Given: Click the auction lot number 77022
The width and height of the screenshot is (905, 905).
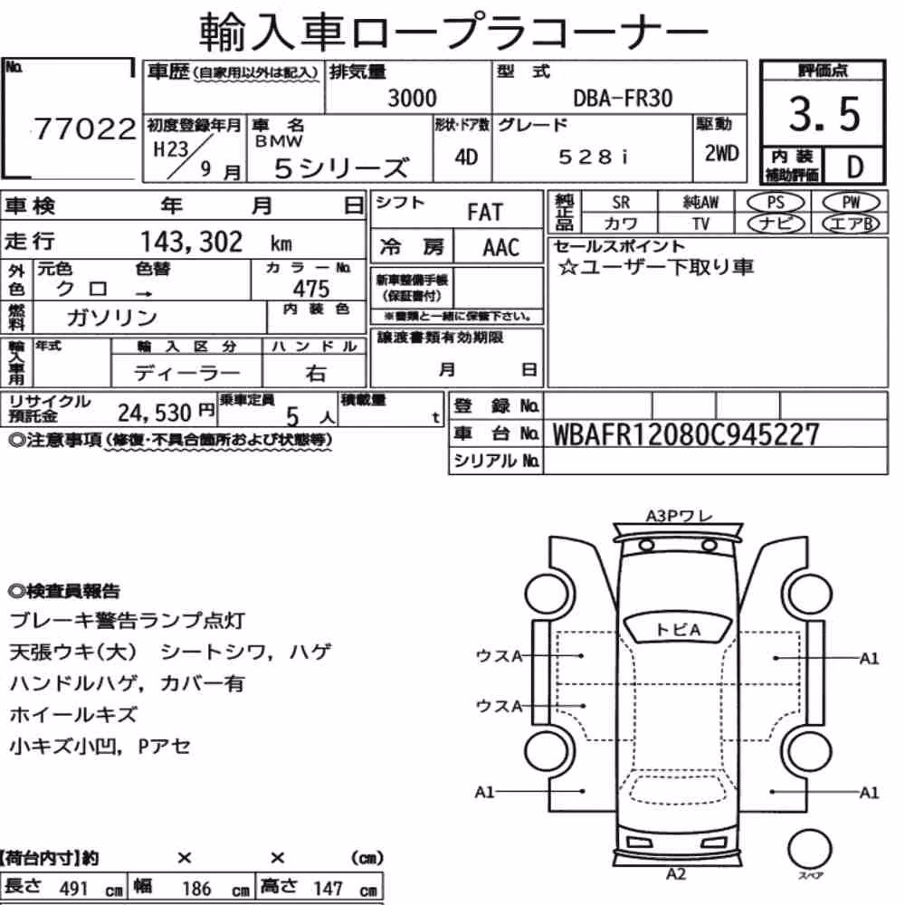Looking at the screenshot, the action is (85, 129).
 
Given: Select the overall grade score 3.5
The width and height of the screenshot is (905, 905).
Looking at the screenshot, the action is (824, 114).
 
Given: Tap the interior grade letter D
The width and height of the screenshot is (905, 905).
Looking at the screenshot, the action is (855, 167).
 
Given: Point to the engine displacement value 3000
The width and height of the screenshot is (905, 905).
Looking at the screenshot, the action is (412, 98).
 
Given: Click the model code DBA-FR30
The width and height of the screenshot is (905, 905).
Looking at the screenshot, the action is (623, 98).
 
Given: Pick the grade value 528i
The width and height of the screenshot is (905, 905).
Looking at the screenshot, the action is (592, 157).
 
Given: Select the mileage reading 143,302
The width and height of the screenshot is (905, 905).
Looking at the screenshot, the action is (192, 242).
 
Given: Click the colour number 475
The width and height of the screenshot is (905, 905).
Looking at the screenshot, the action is (311, 288).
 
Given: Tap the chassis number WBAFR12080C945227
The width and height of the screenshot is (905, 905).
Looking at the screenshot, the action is (686, 434).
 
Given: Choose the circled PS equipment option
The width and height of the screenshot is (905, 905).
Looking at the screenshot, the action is (776, 203).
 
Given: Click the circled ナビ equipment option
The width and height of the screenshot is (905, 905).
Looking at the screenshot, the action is (776, 224).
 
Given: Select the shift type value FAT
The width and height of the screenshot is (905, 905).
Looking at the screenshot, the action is (485, 212).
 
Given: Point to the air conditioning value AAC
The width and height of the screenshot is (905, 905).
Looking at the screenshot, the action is (501, 248).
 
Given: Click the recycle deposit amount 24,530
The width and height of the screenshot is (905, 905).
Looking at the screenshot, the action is (155, 413).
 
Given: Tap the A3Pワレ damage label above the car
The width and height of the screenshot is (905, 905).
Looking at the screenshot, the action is (679, 516).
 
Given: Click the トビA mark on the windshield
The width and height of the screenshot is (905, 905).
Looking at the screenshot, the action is (678, 630).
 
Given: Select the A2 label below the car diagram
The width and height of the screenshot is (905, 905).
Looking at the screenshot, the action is (676, 874).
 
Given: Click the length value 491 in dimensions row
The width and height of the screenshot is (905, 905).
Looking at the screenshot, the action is (73, 889).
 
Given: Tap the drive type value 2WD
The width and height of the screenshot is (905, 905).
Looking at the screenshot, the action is (721, 154).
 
